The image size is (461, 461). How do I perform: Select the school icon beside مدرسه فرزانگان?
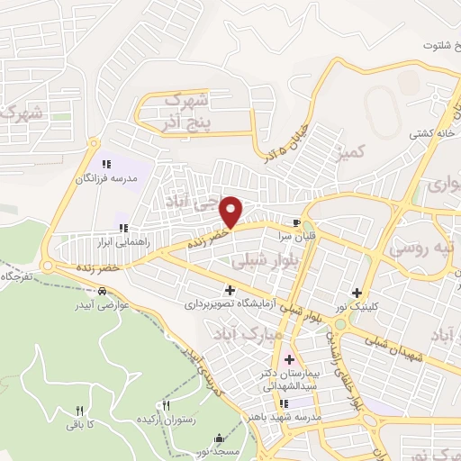[106, 164]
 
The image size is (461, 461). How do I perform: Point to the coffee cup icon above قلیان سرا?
[297, 221]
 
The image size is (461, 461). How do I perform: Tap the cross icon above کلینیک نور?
[357, 292]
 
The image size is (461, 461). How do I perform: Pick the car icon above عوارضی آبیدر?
[104, 291]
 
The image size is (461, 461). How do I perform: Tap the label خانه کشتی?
[430, 133]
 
